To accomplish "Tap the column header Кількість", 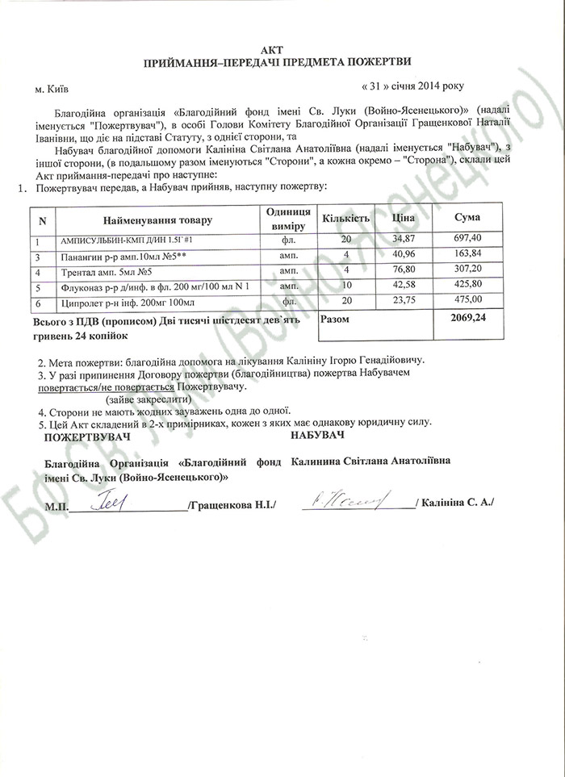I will pos(345,219).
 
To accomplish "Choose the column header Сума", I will pos(467,219).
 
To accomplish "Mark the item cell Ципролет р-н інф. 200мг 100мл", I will pos(127,302).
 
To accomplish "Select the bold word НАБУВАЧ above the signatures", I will pos(318,436).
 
